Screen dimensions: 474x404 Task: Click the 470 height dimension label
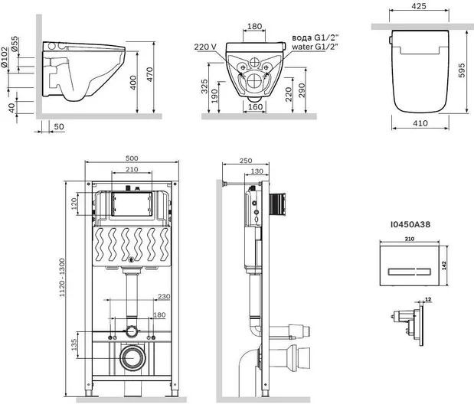coord(150,74)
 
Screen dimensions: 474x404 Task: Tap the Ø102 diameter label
coord(4,57)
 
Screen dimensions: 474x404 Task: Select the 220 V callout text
coord(205,47)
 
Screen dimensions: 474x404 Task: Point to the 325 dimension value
coord(204,86)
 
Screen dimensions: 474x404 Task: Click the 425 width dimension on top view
coord(419,6)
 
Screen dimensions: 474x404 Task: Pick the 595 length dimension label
coord(462,70)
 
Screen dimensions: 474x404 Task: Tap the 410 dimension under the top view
coord(420,123)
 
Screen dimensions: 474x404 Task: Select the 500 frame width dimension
coord(132,158)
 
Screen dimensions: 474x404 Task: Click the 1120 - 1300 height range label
coord(62,277)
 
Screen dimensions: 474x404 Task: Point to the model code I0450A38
coord(410,224)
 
